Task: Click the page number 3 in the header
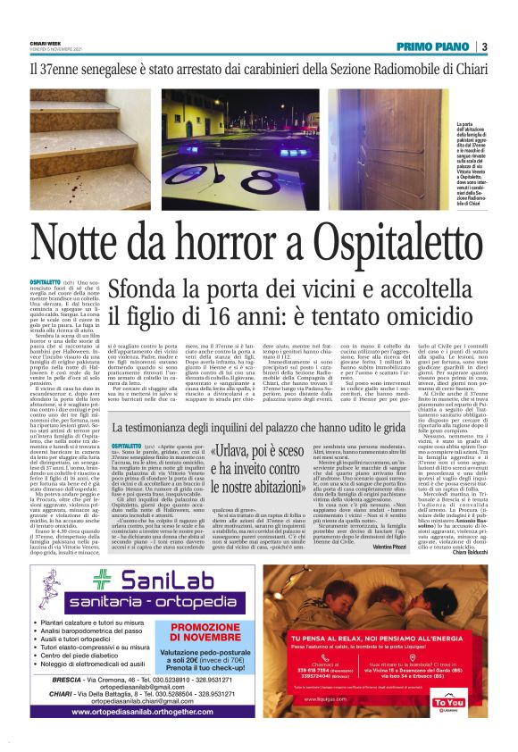(483, 46)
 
